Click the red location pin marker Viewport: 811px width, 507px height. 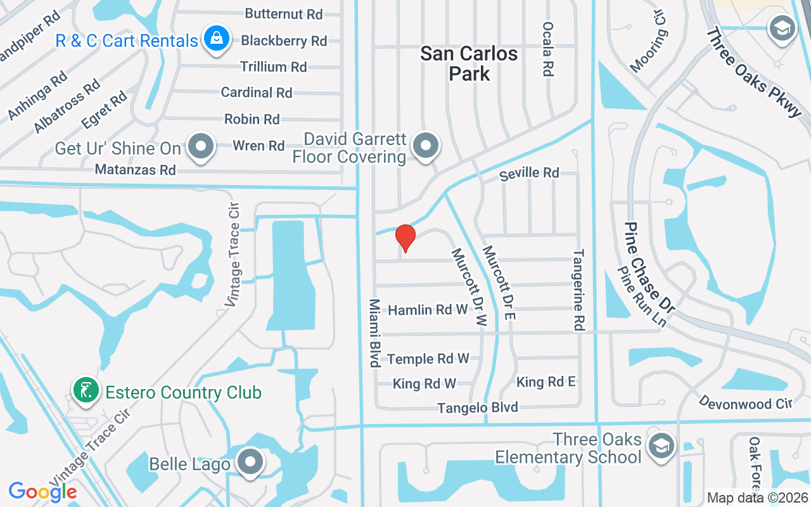coord(405,238)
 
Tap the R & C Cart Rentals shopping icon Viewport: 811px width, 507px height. coord(217,40)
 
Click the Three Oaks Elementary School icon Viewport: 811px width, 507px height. coord(661,448)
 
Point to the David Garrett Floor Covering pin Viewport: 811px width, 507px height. coord(427,146)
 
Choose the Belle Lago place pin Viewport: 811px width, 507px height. coord(251,463)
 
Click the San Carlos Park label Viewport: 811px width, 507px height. coord(469,63)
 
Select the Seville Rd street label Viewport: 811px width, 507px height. coord(529,173)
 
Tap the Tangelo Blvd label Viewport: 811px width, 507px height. coord(478,408)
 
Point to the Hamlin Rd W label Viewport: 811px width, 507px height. coord(428,310)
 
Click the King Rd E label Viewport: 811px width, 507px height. coord(546,382)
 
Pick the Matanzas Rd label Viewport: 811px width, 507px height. coord(135,170)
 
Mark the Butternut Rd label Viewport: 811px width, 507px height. coord(283,14)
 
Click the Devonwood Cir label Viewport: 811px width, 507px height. coord(746,402)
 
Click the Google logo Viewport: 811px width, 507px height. coord(42,491)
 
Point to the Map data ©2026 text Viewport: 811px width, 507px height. coord(757,497)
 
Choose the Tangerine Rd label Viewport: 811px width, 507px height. coord(577,290)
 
